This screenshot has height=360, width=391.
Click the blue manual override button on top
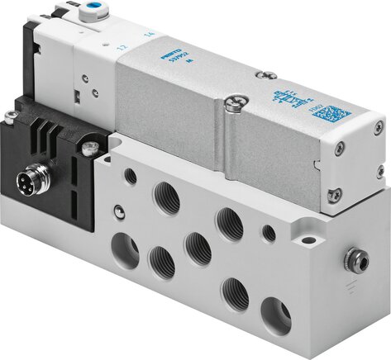(x=106, y=14)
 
